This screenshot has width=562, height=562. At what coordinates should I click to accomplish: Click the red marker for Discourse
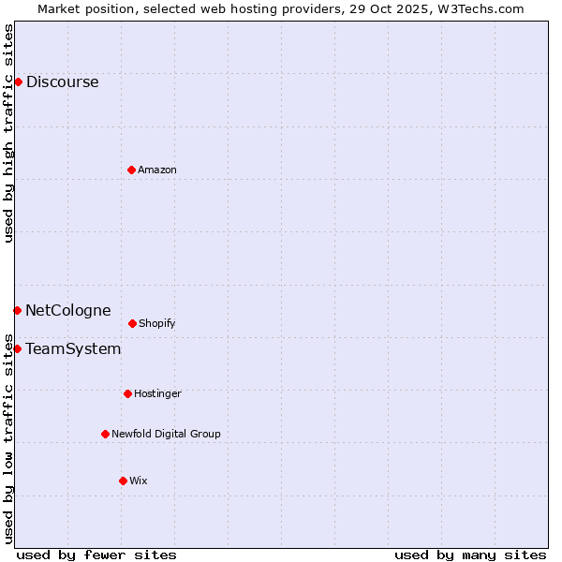18,81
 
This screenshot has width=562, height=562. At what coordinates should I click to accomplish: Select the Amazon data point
131,170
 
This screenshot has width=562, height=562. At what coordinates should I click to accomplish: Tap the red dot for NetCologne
17,310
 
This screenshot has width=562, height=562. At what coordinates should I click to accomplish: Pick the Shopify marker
132,323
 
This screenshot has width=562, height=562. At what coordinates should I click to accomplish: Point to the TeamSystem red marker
17,348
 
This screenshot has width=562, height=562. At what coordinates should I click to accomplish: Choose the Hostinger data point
127,393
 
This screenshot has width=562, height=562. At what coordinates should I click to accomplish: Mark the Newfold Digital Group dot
105,434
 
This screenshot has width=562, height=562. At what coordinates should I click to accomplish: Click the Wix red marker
123,481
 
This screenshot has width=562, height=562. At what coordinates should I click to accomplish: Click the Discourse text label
62,81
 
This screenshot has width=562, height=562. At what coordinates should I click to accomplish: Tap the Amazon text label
157,170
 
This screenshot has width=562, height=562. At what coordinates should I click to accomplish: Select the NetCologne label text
67,310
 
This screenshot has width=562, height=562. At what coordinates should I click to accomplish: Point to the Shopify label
157,323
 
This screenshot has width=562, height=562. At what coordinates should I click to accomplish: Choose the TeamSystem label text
73,348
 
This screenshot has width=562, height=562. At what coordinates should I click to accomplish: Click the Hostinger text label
157,393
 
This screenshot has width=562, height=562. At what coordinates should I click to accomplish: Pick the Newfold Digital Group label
166,434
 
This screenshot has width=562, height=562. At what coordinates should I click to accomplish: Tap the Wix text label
139,481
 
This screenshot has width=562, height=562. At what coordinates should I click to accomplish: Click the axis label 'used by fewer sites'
96,555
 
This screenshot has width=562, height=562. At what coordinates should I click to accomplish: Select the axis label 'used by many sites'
470,555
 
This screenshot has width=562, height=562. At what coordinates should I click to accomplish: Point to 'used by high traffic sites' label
8,134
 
